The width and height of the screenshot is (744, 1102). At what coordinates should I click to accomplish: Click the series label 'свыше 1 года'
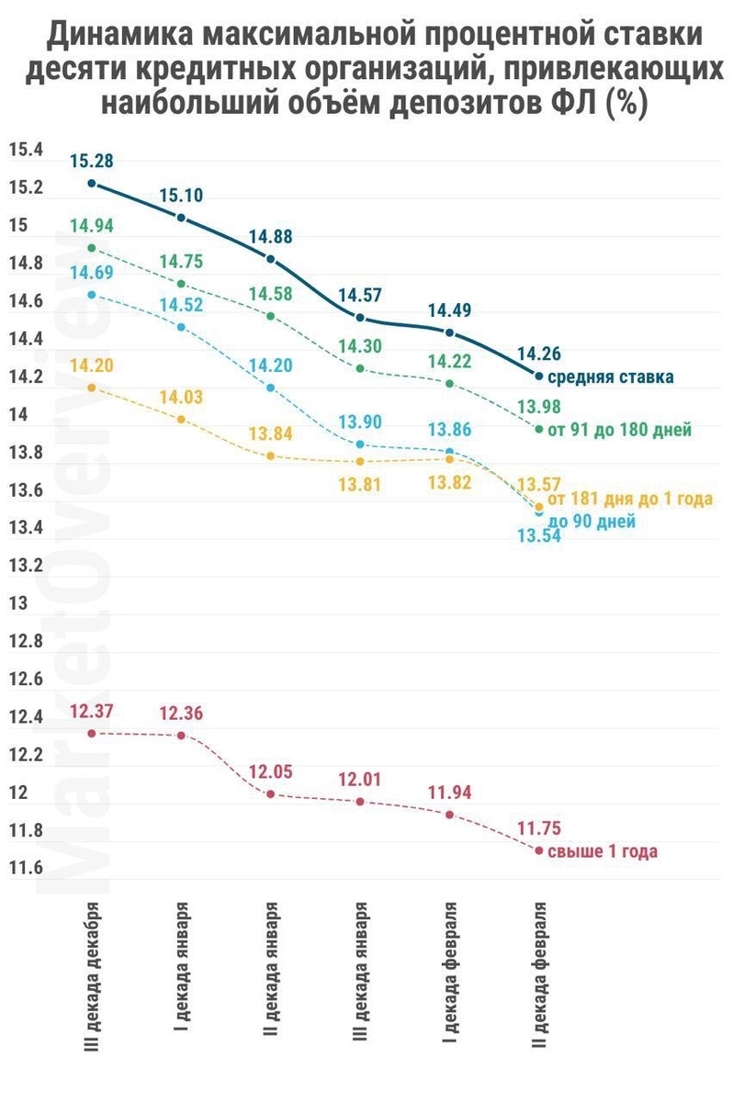[x=603, y=851]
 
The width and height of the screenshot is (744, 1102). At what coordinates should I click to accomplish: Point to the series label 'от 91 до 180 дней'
[x=619, y=429]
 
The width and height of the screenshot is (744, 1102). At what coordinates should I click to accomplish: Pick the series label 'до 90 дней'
[x=592, y=521]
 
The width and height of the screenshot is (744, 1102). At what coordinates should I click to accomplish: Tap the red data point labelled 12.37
[x=91, y=733]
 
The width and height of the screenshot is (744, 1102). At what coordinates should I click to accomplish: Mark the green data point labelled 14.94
[x=91, y=248]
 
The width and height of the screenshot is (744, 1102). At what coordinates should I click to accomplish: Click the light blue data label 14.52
[x=181, y=305]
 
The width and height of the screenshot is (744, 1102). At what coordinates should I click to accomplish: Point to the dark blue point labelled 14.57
[x=360, y=318]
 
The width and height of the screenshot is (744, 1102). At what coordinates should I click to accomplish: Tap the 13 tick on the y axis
[x=18, y=604]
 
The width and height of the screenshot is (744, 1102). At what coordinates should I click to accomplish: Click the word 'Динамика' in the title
[x=118, y=38]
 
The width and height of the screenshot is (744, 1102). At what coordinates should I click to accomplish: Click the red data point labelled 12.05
[x=270, y=793]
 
